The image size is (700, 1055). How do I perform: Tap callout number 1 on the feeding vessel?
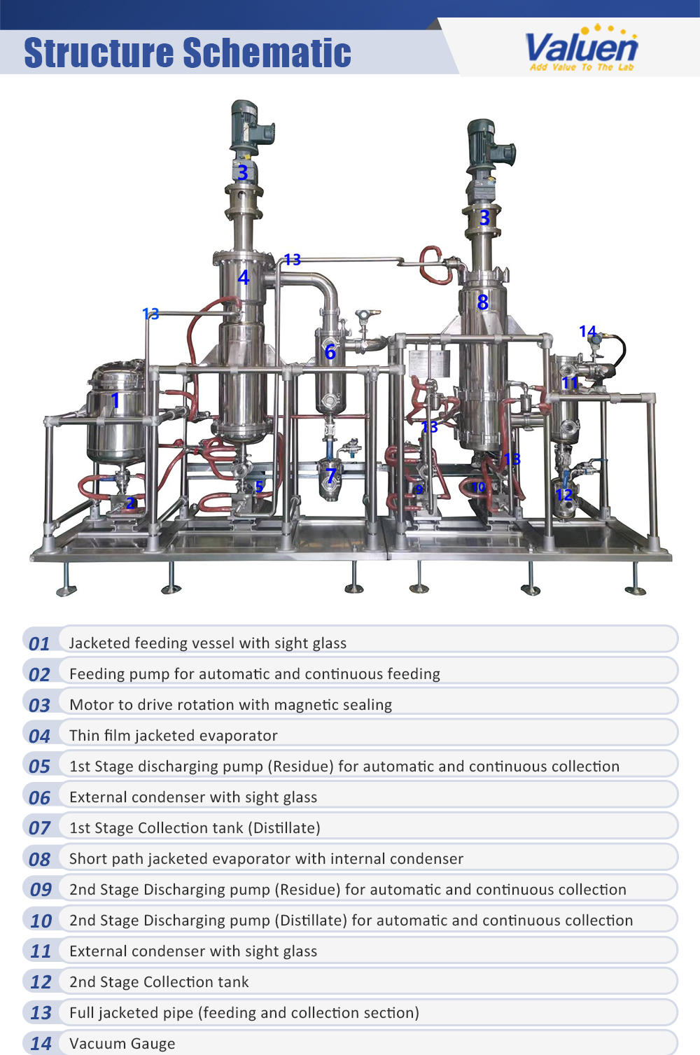(x=115, y=400)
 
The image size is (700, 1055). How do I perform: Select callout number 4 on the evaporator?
(x=243, y=277)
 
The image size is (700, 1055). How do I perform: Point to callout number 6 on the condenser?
(x=330, y=351)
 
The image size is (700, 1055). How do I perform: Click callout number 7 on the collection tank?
(x=331, y=476)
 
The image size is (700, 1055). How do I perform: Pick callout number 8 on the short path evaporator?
(x=482, y=302)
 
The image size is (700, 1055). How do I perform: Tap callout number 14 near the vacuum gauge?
(x=587, y=331)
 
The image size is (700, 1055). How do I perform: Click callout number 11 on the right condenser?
(x=570, y=382)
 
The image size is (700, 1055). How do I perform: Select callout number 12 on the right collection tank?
(x=563, y=494)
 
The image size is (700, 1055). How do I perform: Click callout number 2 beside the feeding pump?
(x=131, y=502)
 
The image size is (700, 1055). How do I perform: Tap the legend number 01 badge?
(x=40, y=643)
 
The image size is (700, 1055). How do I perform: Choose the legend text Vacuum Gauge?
(x=122, y=1044)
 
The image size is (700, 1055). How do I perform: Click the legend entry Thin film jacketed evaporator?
(x=174, y=736)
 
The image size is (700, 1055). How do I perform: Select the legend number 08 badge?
(x=40, y=859)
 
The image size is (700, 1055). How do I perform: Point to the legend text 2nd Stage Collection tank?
(x=159, y=982)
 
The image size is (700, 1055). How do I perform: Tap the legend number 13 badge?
(x=41, y=1013)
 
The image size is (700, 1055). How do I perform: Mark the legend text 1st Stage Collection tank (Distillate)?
(x=195, y=828)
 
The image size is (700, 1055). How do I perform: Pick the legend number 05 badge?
(x=40, y=767)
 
